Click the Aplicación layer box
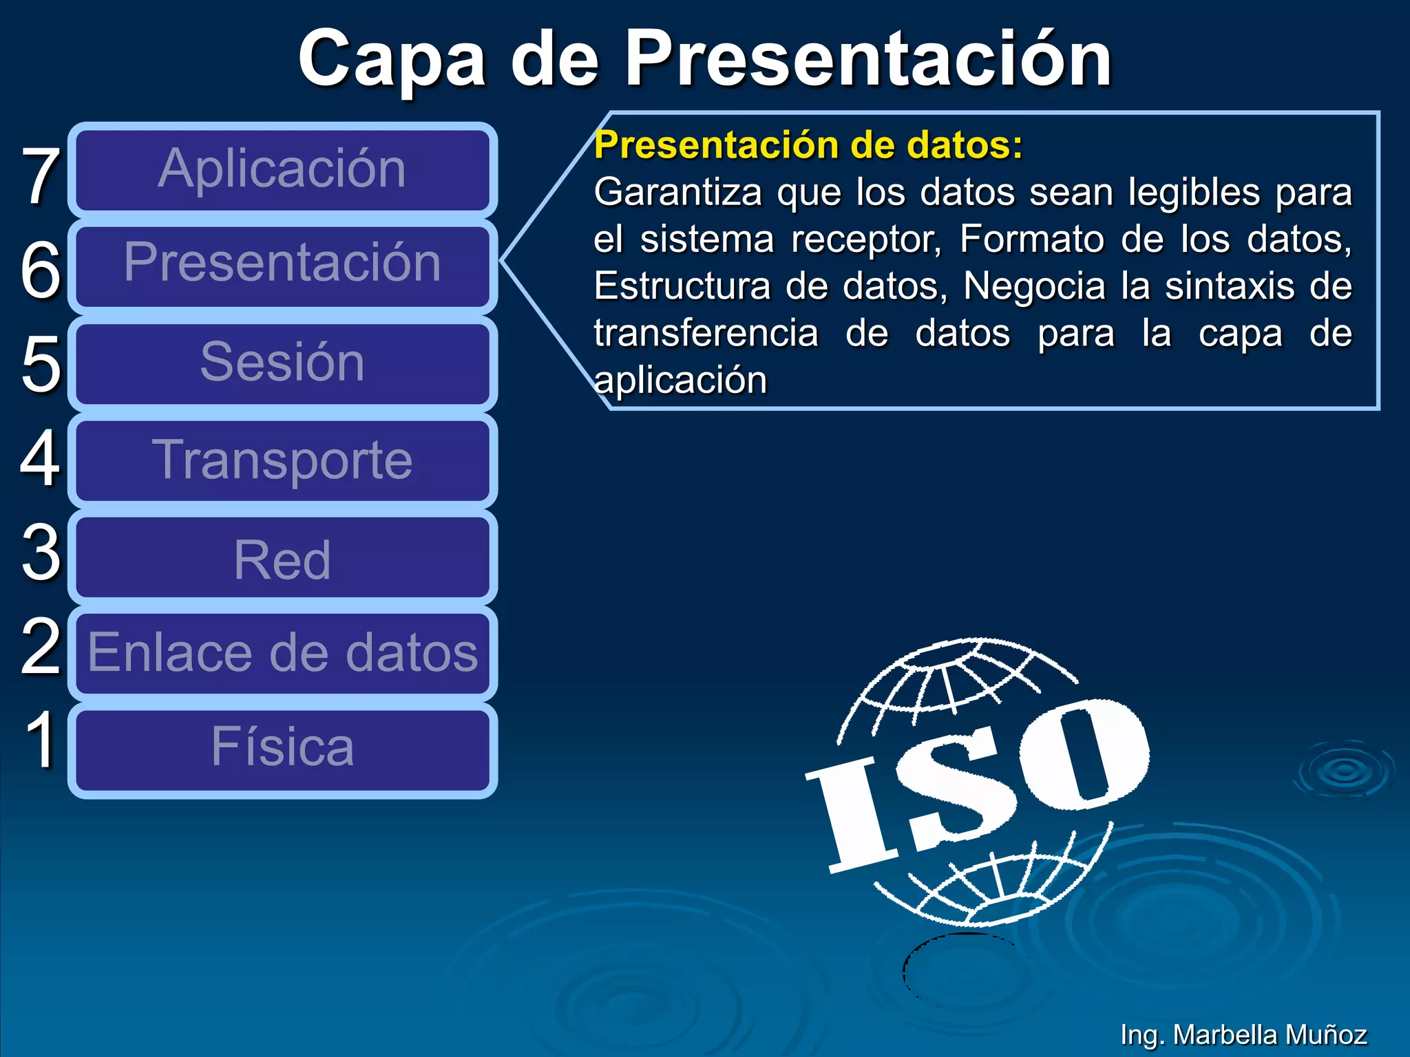[282, 170]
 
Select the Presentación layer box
[282, 265]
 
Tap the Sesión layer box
[282, 363]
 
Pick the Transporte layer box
[282, 460]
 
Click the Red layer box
[282, 558]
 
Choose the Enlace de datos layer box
[282, 653]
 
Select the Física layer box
[282, 749]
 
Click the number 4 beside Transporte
[40, 458]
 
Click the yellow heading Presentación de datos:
[808, 145]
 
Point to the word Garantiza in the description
[677, 192]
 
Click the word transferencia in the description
[706, 334]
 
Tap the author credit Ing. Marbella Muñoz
[1243, 1034]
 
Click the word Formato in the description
[1031, 239]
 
